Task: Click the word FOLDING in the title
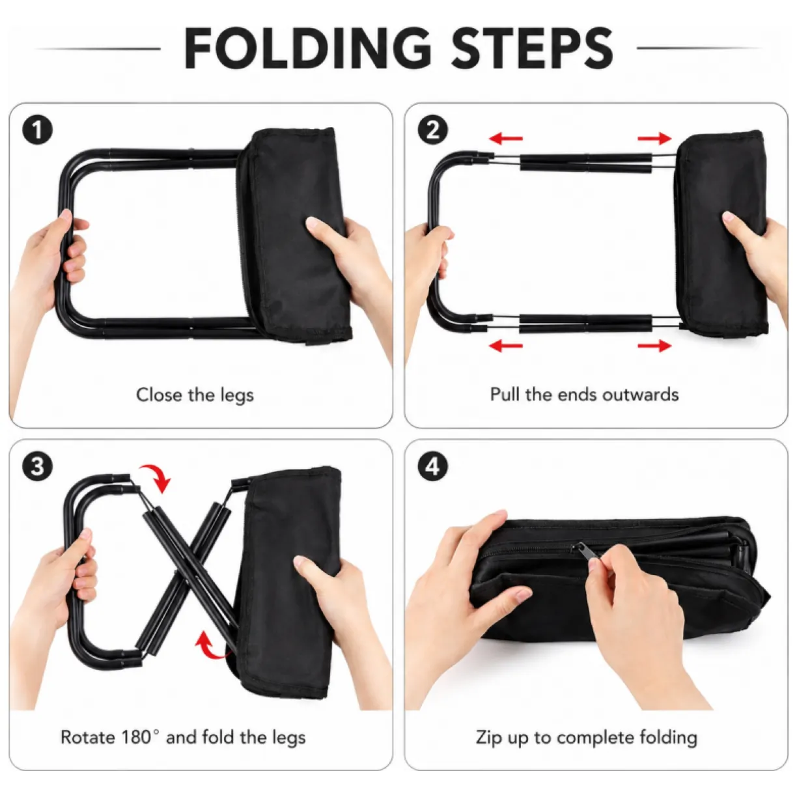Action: pos(308,48)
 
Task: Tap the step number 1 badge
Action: pos(37,130)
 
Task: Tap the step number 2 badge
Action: pos(432,130)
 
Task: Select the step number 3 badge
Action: pos(37,466)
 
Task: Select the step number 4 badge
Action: pos(432,466)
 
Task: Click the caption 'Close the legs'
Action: pos(195,395)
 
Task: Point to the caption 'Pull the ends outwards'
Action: pos(585,395)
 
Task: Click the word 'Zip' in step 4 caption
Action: pos(489,738)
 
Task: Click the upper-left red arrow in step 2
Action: pos(506,138)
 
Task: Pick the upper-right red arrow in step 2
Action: pos(654,138)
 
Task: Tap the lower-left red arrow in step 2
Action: pos(506,345)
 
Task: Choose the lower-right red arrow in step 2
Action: pos(654,345)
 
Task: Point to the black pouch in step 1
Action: pos(294,236)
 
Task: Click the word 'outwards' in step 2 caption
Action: pos(641,395)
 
